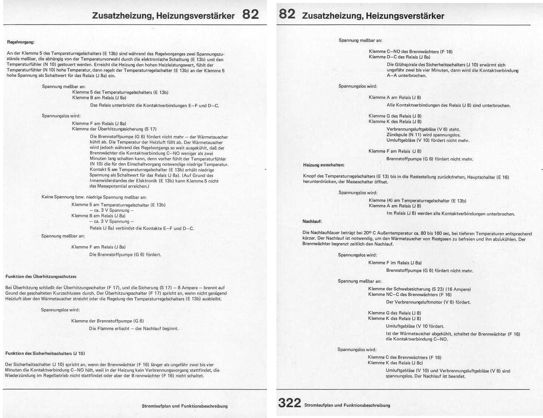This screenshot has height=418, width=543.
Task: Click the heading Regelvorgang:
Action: point(21,42)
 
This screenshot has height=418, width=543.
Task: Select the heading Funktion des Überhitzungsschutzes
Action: point(41,277)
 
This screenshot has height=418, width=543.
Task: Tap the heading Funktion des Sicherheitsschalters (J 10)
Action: point(45,354)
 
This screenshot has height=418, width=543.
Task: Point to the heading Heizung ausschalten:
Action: point(323,165)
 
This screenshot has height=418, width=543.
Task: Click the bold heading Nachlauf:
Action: point(312,221)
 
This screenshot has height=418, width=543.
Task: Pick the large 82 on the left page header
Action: point(251,14)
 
